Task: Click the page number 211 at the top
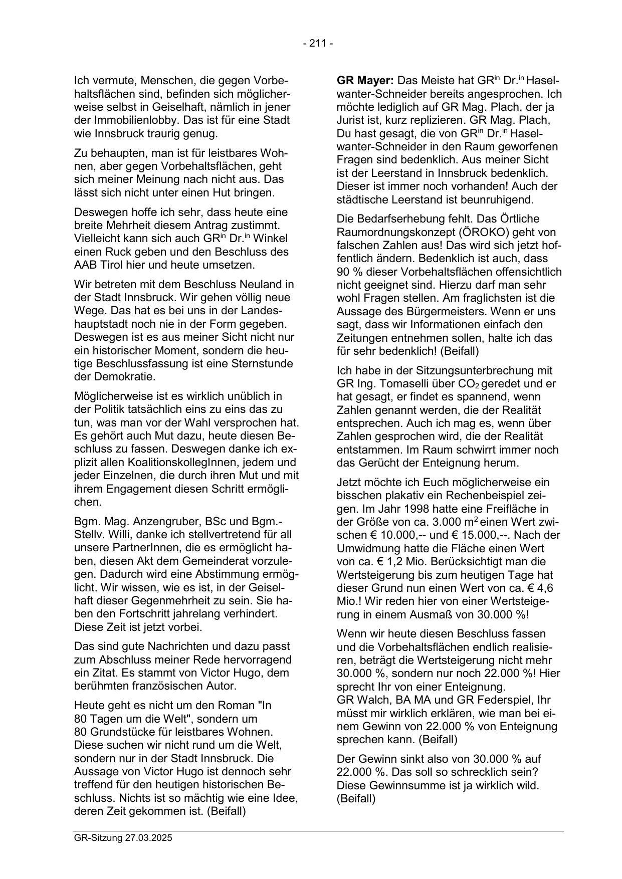click(x=318, y=44)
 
